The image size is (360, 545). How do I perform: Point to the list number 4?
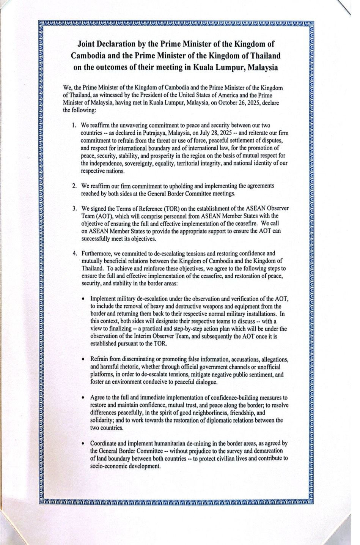pos(75,254)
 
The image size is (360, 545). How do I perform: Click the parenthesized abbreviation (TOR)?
pos(163,208)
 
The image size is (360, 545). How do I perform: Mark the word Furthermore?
pos(96,254)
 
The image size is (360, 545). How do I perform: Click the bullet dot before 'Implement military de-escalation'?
pos(83,299)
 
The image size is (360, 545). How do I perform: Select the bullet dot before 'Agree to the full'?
pos(83,397)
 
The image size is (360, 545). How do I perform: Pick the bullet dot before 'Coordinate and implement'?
pos(83,443)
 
